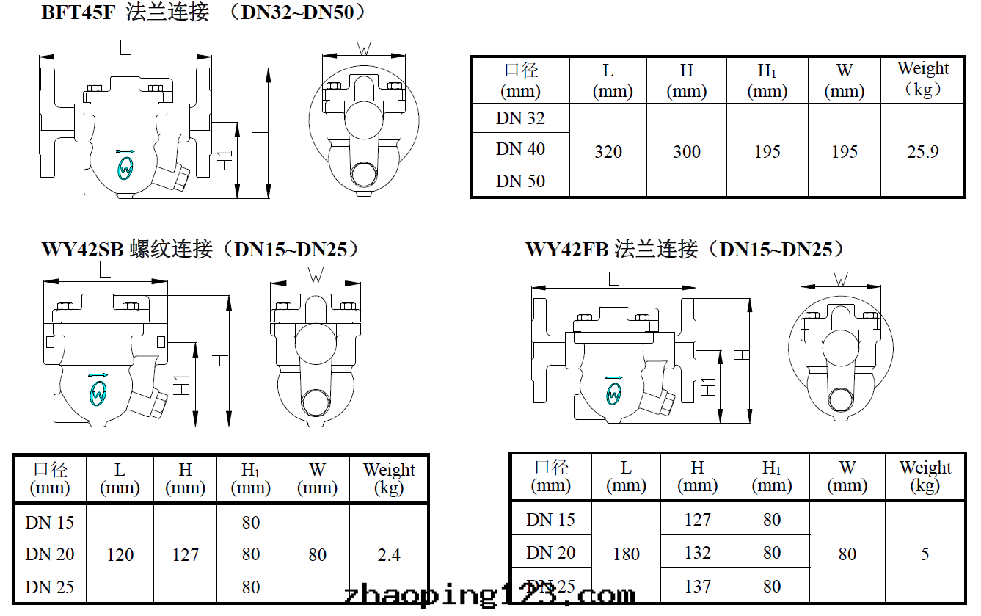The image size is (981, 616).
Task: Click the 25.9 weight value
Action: (922, 152)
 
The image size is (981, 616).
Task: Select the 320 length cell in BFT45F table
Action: (608, 152)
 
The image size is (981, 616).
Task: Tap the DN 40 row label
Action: (520, 149)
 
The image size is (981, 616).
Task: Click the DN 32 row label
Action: (520, 118)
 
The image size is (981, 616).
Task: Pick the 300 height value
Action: (686, 152)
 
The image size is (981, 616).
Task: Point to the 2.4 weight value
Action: (389, 555)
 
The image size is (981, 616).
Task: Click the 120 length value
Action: (120, 555)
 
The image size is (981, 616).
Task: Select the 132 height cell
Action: (697, 553)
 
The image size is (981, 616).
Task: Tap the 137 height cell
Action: (697, 586)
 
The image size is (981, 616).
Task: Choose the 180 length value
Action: (626, 554)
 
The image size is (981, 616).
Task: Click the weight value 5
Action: (925, 554)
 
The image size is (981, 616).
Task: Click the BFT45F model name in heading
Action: (79, 12)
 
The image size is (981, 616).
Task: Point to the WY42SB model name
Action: (82, 250)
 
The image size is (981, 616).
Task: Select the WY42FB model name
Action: (567, 250)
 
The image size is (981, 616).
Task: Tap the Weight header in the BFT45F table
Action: (922, 79)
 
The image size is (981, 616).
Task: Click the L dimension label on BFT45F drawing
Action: (125, 48)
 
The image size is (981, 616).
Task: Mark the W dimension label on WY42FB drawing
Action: (841, 279)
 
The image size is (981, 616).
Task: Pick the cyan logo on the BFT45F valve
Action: (125, 170)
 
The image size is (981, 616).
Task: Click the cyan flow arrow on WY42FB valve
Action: (613, 377)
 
